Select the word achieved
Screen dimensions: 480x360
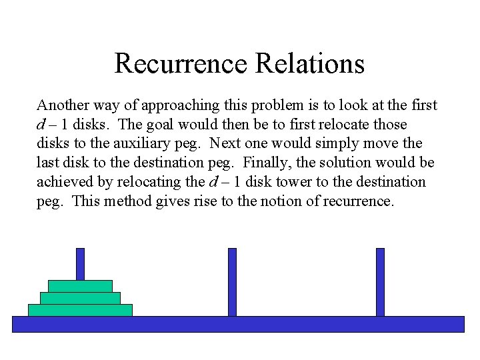tap(63, 182)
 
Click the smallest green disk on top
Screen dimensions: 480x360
tap(80, 286)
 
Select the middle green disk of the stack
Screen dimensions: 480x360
tap(80, 298)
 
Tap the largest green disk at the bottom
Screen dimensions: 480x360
tap(80, 310)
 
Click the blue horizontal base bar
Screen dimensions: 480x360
tap(238, 324)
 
